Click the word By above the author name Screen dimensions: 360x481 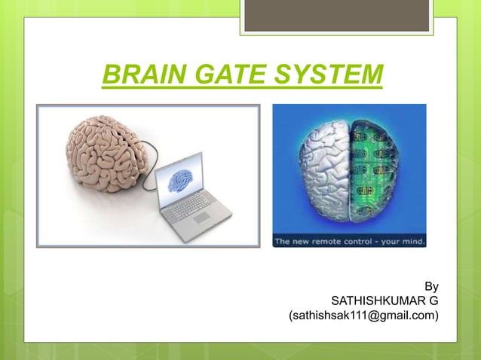pos(430,286)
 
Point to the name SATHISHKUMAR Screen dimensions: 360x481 pos(374,302)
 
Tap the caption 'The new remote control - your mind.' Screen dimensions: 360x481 pos(349,242)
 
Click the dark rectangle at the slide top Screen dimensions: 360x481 pos(336,15)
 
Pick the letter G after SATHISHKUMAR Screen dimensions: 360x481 pos(434,302)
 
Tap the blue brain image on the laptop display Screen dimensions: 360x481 pos(180,180)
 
